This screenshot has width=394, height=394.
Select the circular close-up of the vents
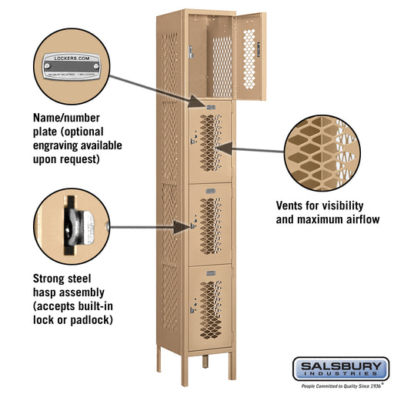[x=319, y=153]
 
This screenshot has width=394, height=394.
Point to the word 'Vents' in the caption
[x=294, y=206]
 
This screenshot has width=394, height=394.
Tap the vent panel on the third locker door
[x=210, y=222]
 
